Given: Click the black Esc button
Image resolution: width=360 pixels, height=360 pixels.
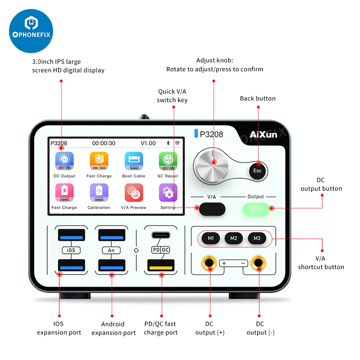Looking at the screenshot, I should click(x=257, y=171).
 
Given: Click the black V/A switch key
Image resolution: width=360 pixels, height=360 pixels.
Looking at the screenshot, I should click(x=211, y=208).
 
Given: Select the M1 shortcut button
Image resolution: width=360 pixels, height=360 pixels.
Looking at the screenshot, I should click(x=211, y=238).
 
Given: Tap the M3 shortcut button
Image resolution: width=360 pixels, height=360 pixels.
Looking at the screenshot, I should click(x=256, y=238).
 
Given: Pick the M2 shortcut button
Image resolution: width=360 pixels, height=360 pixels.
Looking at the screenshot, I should click(x=234, y=238).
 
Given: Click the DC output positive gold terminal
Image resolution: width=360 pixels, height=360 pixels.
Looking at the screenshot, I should click(x=210, y=262).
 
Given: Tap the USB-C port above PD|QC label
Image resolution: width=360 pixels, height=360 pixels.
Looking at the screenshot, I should click(x=161, y=235).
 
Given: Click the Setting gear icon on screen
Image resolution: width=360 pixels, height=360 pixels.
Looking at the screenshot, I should click(x=168, y=193).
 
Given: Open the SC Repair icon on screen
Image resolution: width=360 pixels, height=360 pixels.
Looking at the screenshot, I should click(x=168, y=161).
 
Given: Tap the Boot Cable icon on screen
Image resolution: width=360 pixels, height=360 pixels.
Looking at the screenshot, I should click(x=134, y=161).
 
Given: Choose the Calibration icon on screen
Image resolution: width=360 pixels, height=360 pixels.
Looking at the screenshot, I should click(x=99, y=193).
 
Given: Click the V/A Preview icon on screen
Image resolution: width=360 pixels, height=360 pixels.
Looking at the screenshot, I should click(x=134, y=193).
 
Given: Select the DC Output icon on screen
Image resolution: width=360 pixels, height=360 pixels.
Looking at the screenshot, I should click(x=64, y=161).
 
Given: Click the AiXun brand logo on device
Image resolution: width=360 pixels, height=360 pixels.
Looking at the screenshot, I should click(x=264, y=134).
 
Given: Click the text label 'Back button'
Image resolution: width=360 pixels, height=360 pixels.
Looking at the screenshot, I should click(x=257, y=99).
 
